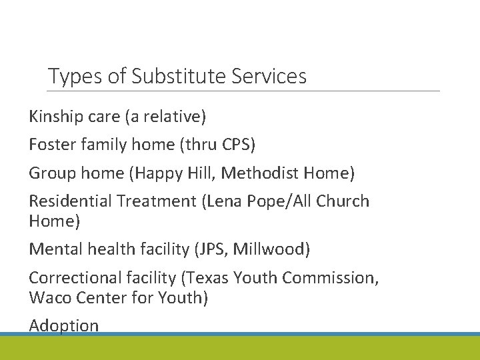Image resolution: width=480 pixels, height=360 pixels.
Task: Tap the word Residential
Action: coord(71,201)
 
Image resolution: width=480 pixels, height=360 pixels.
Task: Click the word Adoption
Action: coord(64,325)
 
